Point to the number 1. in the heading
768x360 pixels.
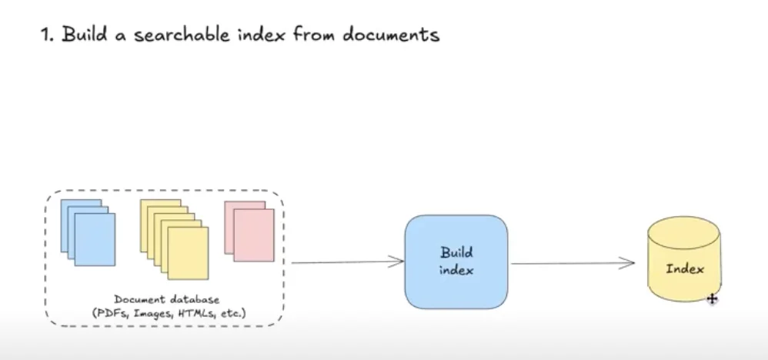tap(48, 35)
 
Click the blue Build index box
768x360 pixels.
tap(456, 262)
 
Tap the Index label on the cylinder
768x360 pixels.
tap(685, 269)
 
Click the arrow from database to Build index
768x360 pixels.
tap(346, 262)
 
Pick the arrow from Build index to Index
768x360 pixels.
tap(573, 263)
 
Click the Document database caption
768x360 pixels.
tap(166, 299)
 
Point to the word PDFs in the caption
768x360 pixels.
tap(104, 312)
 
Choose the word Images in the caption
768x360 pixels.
tap(145, 312)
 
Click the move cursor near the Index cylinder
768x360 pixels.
tap(712, 298)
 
